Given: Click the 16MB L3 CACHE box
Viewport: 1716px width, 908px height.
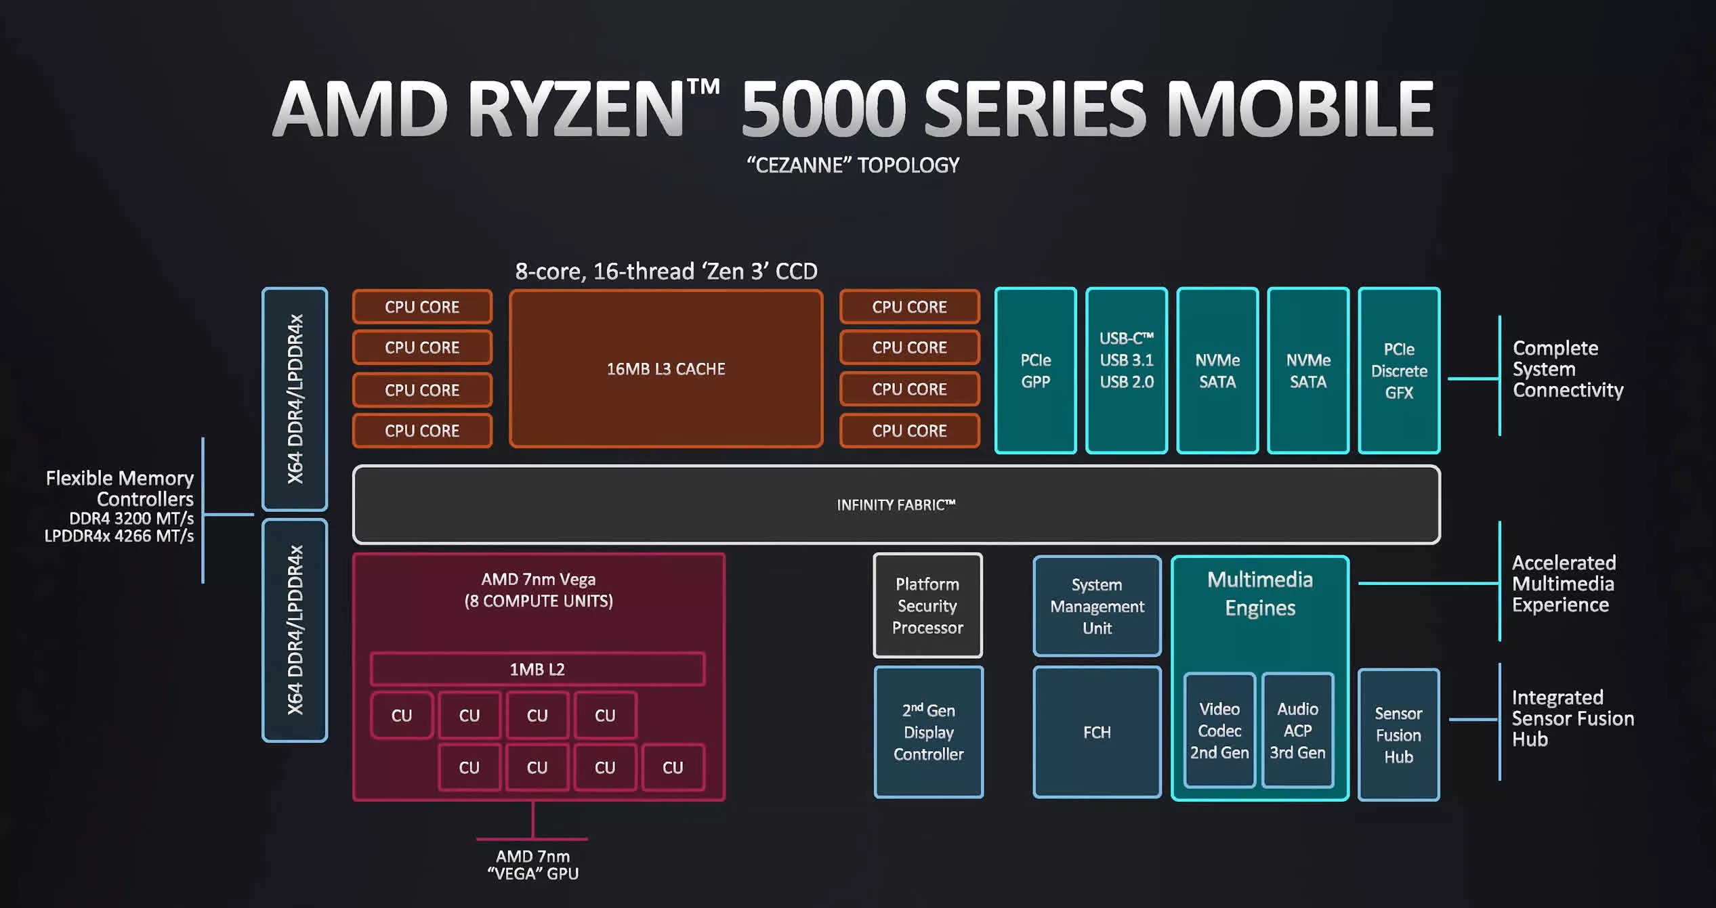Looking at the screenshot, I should click(666, 369).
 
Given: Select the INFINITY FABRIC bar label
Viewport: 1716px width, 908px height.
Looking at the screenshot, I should click(896, 505).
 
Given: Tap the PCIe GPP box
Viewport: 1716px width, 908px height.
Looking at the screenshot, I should click(1035, 371).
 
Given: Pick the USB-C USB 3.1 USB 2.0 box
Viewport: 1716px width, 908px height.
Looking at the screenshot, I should click(1126, 371).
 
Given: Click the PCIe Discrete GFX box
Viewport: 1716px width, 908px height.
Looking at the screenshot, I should click(1399, 371).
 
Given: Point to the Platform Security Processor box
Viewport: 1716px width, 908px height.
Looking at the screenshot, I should click(927, 606).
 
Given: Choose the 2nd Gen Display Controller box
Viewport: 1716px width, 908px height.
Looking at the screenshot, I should click(928, 732).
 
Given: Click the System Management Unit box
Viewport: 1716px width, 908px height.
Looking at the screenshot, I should click(1097, 606).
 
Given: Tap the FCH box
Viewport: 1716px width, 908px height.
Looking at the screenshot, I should click(1097, 732).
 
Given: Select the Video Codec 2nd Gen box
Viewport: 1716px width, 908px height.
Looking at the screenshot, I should click(1219, 731).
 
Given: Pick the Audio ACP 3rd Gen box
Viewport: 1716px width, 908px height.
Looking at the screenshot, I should click(1297, 731).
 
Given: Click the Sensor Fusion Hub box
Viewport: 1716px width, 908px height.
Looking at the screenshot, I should click(1398, 735).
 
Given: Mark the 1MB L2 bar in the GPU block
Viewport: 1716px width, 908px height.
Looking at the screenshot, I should click(537, 669).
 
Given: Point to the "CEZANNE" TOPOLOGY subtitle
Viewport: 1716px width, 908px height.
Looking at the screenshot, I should click(853, 165).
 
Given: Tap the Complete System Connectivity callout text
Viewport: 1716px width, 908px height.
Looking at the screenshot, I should click(1568, 369).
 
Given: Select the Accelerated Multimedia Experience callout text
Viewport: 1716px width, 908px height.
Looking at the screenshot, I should click(1564, 584).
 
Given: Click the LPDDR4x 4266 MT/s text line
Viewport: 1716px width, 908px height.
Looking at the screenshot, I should click(119, 536).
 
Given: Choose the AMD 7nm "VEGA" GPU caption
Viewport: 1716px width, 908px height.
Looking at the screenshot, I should click(533, 865).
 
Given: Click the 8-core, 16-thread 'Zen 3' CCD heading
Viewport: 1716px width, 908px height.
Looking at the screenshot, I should click(666, 272).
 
